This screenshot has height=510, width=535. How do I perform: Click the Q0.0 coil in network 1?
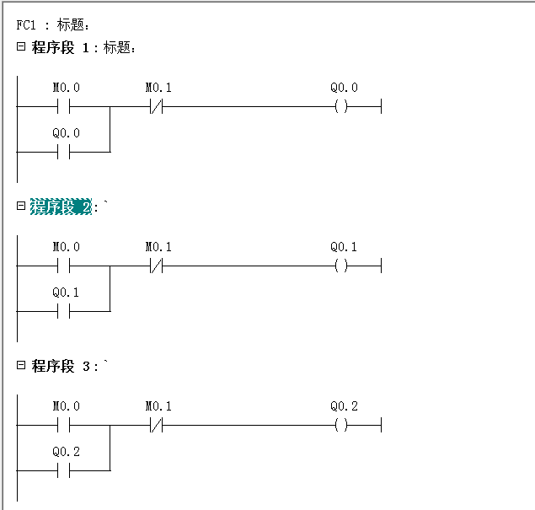pos(341,107)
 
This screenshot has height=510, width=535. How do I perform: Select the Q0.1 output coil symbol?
pos(341,266)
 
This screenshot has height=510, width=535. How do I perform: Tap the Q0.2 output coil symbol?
pos(341,426)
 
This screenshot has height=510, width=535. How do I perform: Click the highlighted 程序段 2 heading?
pos(61,207)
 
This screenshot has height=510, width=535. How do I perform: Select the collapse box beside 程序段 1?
pos(21,47)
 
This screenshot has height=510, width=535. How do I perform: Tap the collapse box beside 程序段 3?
pos(21,366)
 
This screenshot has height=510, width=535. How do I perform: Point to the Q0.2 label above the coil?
pos(344,406)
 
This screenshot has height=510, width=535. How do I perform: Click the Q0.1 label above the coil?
pos(344,247)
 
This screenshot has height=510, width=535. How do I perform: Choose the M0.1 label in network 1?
pos(158,88)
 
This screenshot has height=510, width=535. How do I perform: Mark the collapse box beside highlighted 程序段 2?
pos(21,207)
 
